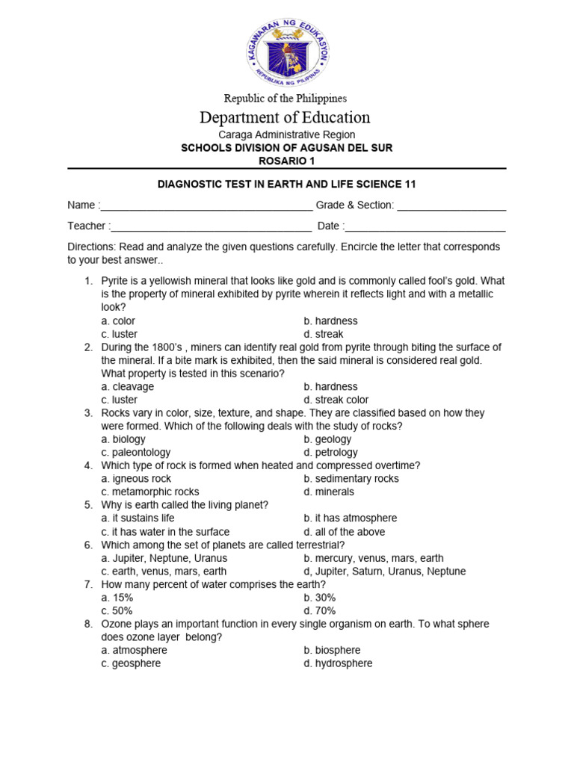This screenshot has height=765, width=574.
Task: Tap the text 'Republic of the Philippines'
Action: click(287, 99)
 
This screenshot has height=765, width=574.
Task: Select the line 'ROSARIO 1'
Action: click(287, 161)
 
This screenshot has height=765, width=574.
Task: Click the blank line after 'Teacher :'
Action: click(211, 228)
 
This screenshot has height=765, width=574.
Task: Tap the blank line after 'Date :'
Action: click(425, 228)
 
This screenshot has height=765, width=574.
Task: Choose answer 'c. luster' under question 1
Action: click(120, 334)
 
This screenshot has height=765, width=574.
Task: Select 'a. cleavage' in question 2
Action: click(128, 386)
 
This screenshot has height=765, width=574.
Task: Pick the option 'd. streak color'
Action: click(336, 400)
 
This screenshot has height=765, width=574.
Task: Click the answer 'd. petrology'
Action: click(330, 452)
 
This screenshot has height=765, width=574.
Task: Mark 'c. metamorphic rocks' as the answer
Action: click(150, 492)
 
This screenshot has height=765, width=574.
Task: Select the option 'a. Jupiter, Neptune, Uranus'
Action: click(164, 558)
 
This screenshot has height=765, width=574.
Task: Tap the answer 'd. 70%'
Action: click(320, 610)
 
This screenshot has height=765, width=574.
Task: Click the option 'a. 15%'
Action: click(117, 598)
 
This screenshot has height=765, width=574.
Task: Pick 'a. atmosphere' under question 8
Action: click(135, 650)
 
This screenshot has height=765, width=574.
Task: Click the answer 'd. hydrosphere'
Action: click(338, 663)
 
